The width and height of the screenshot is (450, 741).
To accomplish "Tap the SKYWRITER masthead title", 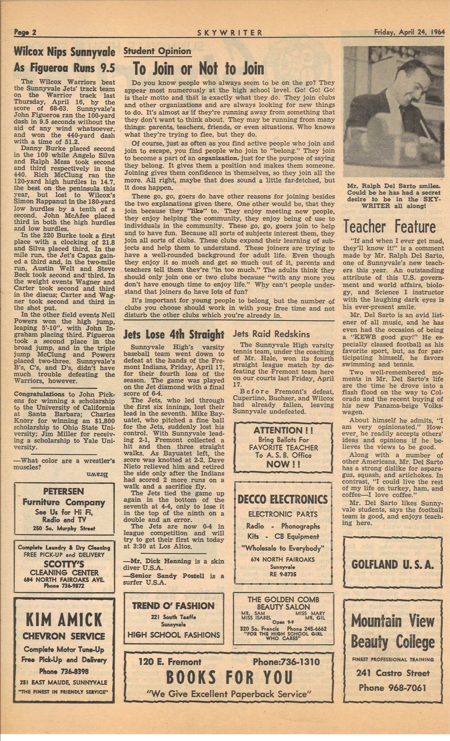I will tap(230, 32).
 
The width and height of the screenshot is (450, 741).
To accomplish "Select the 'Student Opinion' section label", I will tap(157, 51).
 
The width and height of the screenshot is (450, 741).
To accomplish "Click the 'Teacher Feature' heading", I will tap(390, 227).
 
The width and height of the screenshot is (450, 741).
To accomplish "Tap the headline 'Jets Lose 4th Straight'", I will tap(174, 334).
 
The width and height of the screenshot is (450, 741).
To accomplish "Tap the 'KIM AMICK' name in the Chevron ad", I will tap(64, 620).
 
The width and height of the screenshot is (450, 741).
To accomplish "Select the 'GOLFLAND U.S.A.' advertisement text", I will tap(392, 564).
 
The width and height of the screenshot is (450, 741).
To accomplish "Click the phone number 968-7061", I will tap(393, 688).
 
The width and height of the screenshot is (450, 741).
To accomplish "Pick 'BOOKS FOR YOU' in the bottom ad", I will tap(229, 677).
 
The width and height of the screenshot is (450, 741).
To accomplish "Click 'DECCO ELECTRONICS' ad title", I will tap(283, 500).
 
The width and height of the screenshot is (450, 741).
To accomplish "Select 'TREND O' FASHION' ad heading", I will tap(173, 606).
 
